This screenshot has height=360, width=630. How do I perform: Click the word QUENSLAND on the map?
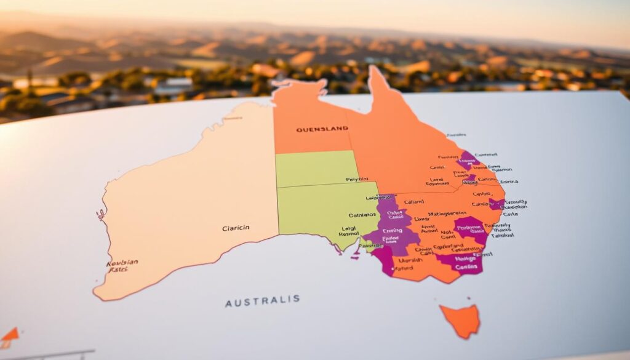[322, 129]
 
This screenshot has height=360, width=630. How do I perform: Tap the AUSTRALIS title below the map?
[262, 301]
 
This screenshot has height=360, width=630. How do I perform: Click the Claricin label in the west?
[236, 228]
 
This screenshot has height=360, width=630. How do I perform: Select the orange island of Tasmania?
[461, 320]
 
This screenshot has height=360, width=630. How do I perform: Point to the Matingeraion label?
[437, 214]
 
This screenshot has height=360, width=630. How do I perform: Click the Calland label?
[413, 202]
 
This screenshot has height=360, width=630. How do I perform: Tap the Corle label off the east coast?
[510, 214]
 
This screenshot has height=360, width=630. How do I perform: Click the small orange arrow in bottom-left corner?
[10, 335]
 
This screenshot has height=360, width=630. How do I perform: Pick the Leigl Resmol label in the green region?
[349, 231]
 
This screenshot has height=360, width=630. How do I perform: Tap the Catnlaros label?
[362, 215]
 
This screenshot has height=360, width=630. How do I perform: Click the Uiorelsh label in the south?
[410, 260]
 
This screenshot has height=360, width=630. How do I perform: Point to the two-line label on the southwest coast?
[122, 265]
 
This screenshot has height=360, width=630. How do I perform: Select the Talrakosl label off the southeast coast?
[503, 234]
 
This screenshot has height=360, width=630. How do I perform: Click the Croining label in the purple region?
[392, 231]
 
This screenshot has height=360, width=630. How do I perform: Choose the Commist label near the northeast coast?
[486, 154]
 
